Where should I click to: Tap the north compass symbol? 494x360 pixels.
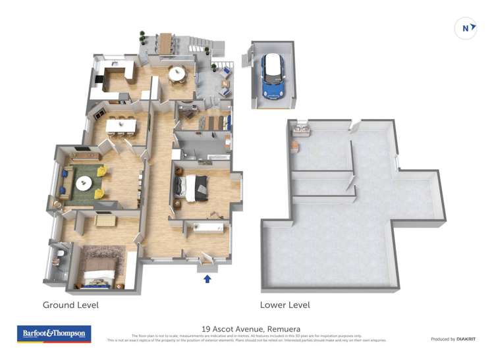click(466, 28)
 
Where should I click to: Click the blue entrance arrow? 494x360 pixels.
click(207, 278)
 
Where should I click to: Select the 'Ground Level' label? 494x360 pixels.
click(70, 305)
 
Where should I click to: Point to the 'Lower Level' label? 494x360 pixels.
click(285, 305)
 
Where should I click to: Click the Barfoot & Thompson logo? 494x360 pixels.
click(53, 334)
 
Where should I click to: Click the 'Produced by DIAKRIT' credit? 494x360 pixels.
click(454, 339)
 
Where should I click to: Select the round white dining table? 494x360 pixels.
click(177, 74)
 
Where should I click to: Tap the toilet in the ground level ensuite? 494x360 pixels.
click(61, 253)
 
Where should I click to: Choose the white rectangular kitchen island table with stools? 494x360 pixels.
click(122, 124)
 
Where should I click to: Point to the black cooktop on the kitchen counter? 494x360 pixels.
click(100, 80)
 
